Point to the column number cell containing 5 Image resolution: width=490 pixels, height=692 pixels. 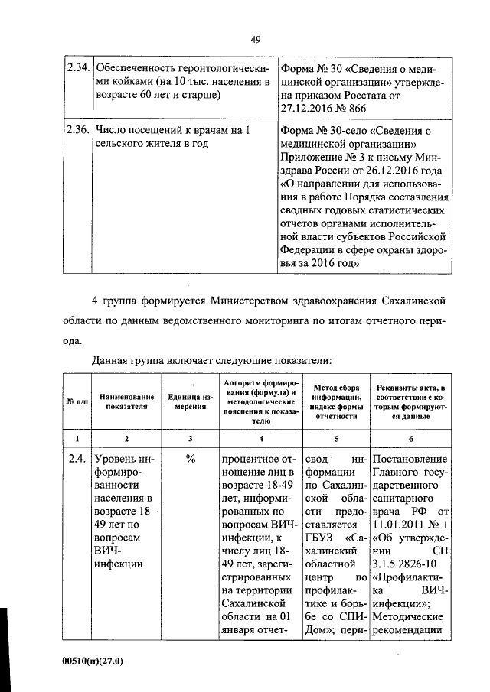[x=335, y=438]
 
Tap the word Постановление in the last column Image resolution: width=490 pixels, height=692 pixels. [x=409, y=460]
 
